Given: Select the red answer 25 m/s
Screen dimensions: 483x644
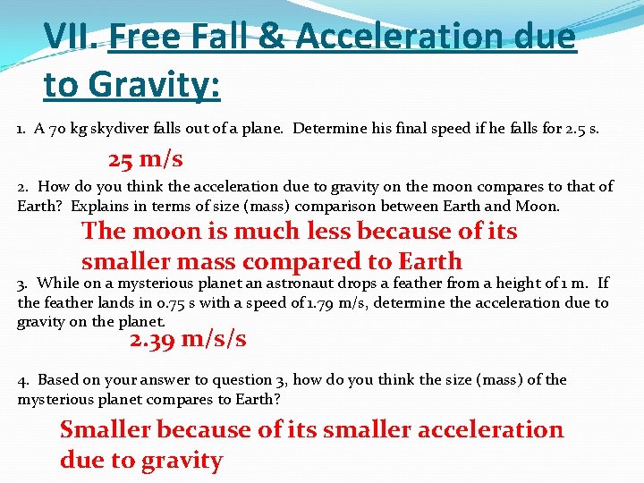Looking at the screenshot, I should [x=146, y=160].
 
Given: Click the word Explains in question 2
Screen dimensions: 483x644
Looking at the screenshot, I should [x=99, y=206].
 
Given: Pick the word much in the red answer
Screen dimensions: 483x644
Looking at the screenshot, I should [x=267, y=231].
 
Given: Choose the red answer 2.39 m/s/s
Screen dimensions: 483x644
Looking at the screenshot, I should [x=188, y=339].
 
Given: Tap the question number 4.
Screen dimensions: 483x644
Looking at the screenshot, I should [x=22, y=380].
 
